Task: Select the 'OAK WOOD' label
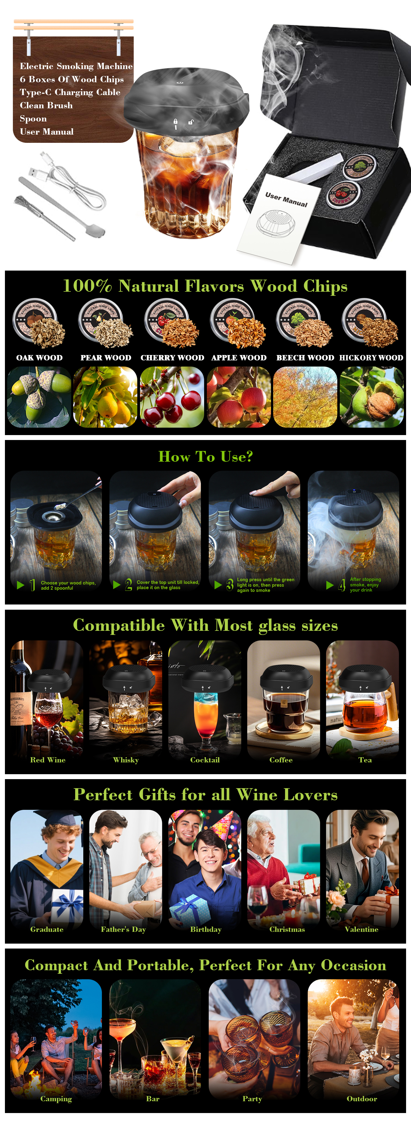point(39,358)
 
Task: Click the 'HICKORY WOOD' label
point(371,358)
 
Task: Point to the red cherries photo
point(172,397)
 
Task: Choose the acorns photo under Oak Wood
point(39,397)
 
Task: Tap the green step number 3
point(230,585)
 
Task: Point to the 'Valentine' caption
point(361,929)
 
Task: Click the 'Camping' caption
point(56,1099)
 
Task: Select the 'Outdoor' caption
point(362,1099)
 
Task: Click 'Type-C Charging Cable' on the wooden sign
point(70,92)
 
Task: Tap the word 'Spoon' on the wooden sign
point(33,119)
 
